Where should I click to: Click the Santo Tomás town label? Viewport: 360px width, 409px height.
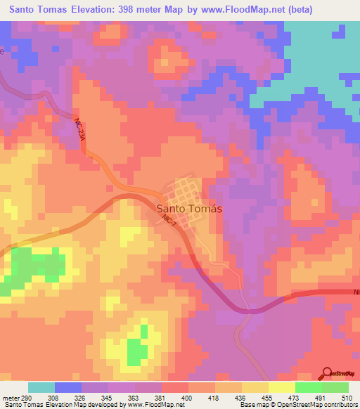point(188,208)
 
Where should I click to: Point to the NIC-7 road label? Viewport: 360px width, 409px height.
point(167,220)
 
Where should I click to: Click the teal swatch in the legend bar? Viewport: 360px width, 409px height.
point(41,387)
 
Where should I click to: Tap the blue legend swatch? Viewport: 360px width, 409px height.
point(68,387)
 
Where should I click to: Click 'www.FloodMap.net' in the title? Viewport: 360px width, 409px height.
point(237,9)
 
